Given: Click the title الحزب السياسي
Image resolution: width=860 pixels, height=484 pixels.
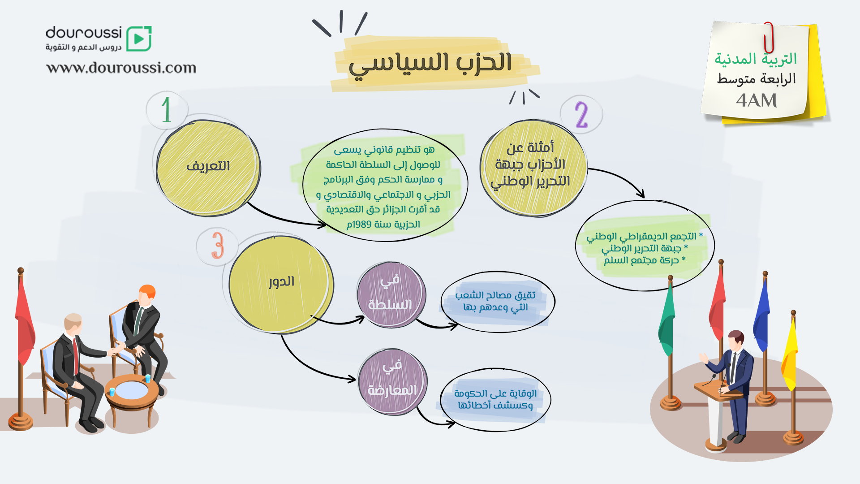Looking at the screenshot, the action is (x=430, y=64).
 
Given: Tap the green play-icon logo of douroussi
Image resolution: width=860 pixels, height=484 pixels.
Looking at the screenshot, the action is (x=139, y=39).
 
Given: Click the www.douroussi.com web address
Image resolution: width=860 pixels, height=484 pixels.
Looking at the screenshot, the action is (x=121, y=68).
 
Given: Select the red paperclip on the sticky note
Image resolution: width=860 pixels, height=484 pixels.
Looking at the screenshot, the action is (x=769, y=38).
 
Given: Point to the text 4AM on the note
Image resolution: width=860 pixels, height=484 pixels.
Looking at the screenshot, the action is (x=757, y=100).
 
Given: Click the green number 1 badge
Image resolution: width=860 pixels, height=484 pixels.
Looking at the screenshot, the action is (x=167, y=109).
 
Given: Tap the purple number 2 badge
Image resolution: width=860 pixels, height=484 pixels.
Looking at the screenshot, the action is (x=581, y=115).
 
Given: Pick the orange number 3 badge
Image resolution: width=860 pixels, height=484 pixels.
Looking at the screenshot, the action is (x=218, y=246).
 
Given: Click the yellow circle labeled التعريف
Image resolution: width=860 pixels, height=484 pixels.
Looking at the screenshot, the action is (x=208, y=168).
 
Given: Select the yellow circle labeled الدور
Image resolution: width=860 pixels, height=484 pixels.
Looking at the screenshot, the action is (x=281, y=284).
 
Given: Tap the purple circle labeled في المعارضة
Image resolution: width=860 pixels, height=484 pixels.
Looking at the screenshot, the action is (x=392, y=381).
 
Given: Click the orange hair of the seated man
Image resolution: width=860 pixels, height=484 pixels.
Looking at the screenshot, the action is (x=147, y=292).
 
